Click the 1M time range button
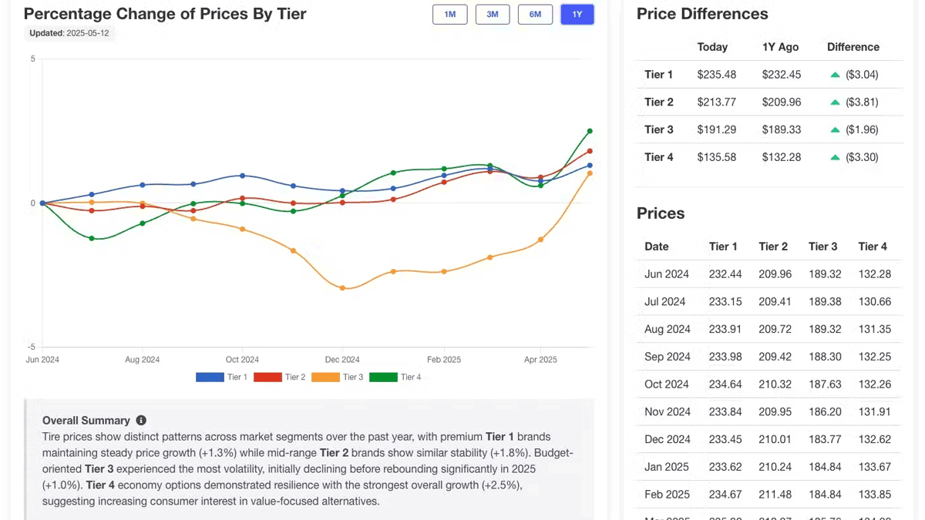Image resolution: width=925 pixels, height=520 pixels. click(x=450, y=15)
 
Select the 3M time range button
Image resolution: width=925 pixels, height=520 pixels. click(x=493, y=15)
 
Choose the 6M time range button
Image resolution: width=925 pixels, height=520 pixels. click(x=535, y=15)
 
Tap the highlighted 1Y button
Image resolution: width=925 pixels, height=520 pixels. click(x=577, y=15)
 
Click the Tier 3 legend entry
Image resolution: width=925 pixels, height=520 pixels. click(x=338, y=377)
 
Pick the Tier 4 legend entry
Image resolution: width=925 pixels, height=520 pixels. click(x=395, y=377)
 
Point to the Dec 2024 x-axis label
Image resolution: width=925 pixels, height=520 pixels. click(x=342, y=360)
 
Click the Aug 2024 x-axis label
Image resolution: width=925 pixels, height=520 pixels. click(x=142, y=360)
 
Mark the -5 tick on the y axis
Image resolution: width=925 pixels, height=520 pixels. click(x=32, y=347)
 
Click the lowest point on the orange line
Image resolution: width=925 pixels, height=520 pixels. click(x=343, y=288)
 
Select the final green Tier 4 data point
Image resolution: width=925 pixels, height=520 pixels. click(x=590, y=131)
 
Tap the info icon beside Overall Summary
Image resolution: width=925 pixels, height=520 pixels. click(x=141, y=420)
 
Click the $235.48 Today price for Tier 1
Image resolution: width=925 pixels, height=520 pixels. click(x=717, y=75)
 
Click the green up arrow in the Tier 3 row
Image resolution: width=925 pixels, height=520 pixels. click(x=835, y=130)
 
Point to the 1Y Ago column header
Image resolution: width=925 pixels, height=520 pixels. click(x=780, y=47)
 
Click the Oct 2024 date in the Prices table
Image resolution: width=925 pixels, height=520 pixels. click(x=667, y=384)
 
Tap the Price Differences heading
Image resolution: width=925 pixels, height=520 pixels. click(x=702, y=14)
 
